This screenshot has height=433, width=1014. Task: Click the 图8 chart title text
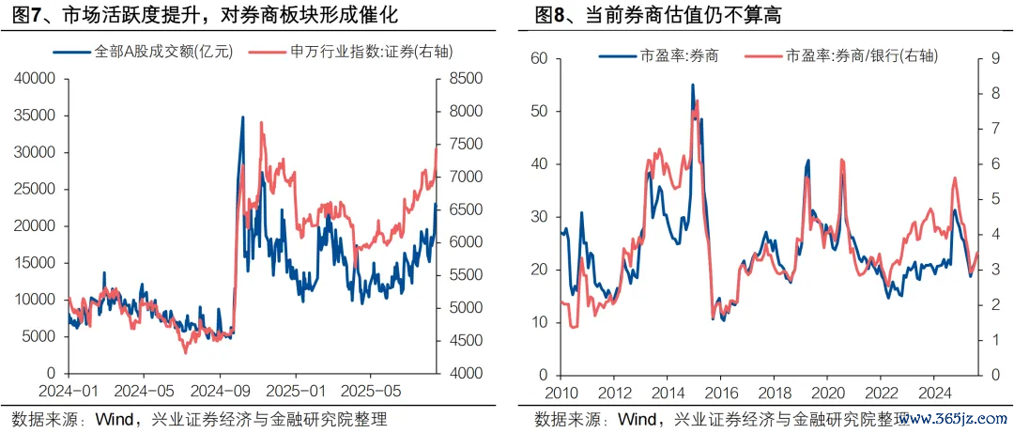point(657,16)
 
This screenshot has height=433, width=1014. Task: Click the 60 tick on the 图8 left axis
point(538,58)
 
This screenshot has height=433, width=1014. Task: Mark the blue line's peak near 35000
point(242,117)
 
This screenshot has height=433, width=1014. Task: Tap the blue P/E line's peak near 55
point(693,85)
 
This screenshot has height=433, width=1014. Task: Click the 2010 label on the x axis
point(561,391)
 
